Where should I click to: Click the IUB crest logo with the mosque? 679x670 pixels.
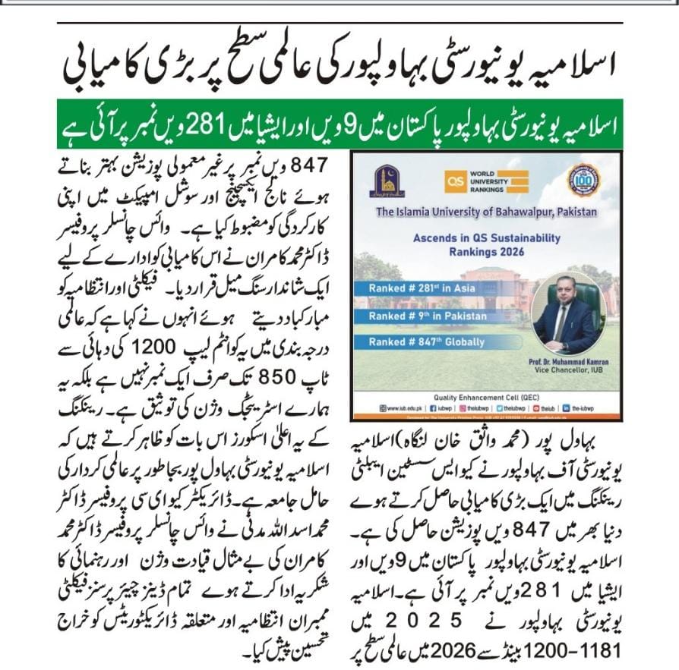click(x=387, y=181)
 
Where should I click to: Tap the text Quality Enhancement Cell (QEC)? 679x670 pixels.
click(x=486, y=395)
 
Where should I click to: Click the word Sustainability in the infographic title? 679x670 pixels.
click(x=522, y=237)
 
